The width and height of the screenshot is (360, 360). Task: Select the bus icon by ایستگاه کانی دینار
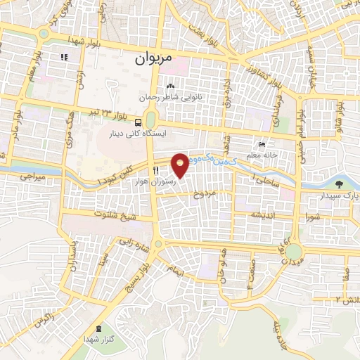coord(137,122)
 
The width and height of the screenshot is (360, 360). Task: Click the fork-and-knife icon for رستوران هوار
coord(156,169)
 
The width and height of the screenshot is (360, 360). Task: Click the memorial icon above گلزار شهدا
coord(98,328)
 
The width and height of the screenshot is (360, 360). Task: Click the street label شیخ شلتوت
coord(117,217)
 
